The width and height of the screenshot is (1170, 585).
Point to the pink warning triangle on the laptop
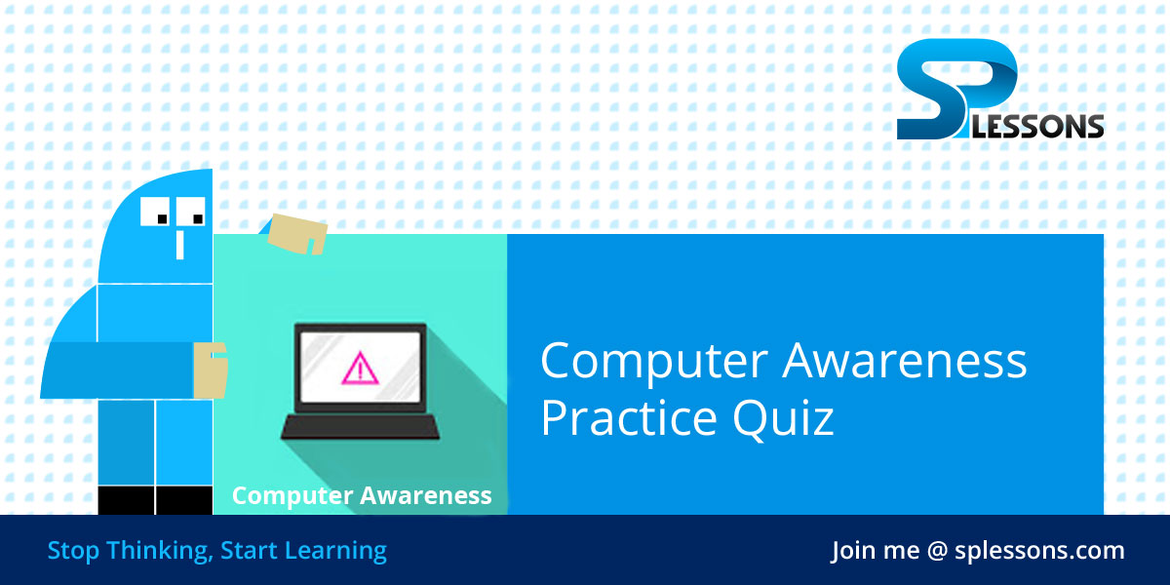pos(360,368)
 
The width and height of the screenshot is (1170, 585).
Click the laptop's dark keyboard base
pos(360,426)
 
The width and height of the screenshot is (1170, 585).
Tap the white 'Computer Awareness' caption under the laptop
pos(362,495)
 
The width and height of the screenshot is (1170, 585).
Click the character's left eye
pos(157,211)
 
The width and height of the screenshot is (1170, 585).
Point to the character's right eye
pos(192,211)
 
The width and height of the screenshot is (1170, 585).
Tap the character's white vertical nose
pos(179,243)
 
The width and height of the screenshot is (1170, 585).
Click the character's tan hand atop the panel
pos(297,233)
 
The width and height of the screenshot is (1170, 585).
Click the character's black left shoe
pos(126,500)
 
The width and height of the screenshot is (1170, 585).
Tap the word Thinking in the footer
pos(157,551)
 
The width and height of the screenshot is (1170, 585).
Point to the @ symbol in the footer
pos(937,551)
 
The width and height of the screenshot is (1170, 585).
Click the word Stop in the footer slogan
pos(73,551)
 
